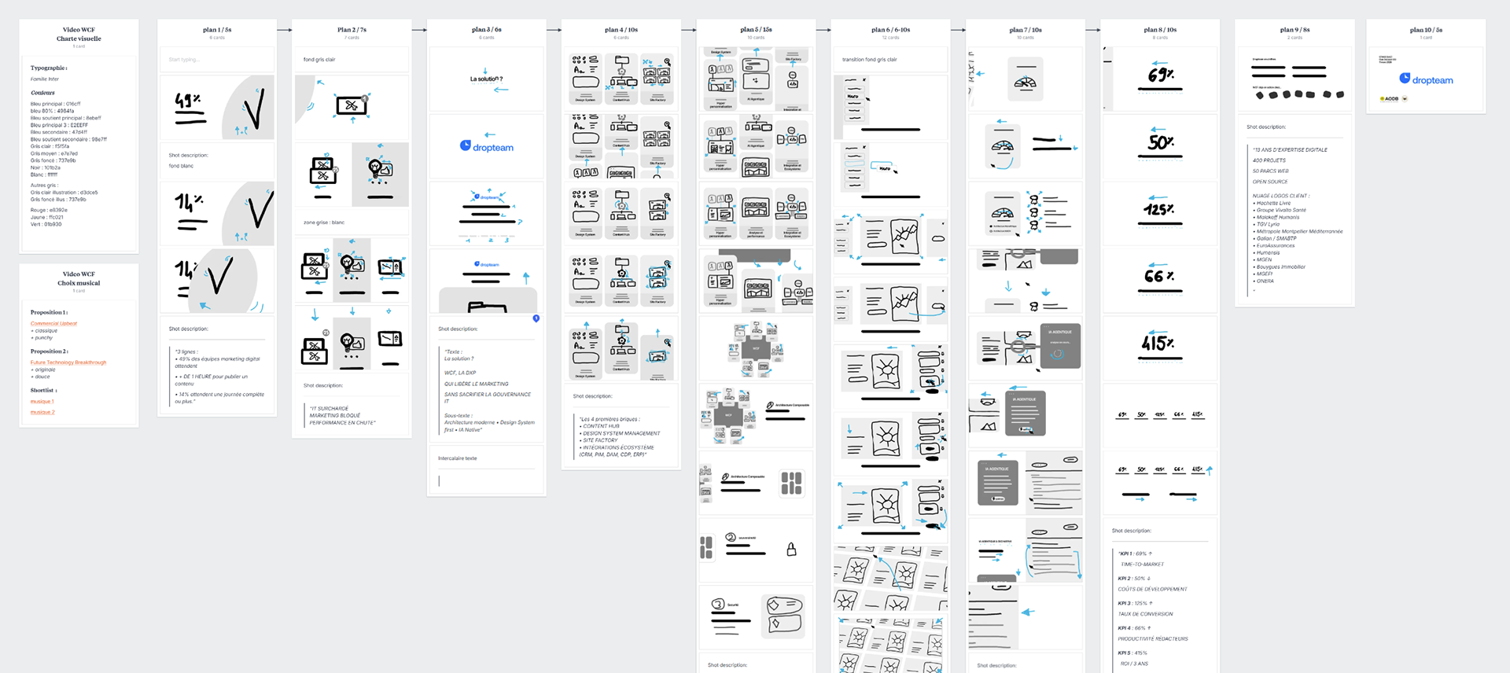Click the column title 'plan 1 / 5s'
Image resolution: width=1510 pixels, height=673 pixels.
pos(217,30)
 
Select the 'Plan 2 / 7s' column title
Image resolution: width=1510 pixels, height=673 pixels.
pos(352,30)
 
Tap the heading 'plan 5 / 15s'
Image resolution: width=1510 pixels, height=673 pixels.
pos(756,30)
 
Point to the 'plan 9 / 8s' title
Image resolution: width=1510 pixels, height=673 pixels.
pos(1295,30)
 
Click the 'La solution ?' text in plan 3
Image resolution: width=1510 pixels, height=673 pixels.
pos(486,79)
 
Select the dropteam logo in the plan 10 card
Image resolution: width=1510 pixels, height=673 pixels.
pos(1426,79)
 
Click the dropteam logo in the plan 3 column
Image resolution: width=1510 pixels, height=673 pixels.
pos(487,147)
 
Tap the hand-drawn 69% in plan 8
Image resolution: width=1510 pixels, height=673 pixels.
pos(1160,75)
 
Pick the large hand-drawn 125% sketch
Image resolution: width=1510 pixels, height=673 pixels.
pos(1159,210)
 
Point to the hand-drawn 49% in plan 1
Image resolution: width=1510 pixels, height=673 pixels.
pos(188,101)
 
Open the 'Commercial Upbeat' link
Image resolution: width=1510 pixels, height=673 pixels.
pos(53,323)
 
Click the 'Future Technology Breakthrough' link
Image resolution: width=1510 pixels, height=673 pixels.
pos(68,362)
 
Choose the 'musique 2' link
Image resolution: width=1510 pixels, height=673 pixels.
pos(42,412)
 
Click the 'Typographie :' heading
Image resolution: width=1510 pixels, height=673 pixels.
pos(49,68)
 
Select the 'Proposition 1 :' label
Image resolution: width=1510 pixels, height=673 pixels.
pos(49,312)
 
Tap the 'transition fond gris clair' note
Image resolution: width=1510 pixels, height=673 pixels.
pos(869,60)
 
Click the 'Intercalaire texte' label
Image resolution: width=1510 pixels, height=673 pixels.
pos(457,458)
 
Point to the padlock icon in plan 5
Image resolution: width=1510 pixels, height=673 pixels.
pos(791,550)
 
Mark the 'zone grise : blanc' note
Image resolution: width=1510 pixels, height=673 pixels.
pos(324,222)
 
